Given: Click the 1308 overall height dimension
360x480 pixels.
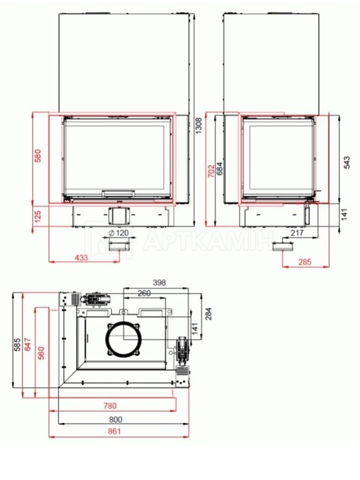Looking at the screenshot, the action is pyautogui.click(x=198, y=125).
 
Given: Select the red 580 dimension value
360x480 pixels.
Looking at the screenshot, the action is pyautogui.click(x=37, y=156).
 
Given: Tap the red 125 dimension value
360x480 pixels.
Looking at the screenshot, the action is pyautogui.click(x=37, y=217).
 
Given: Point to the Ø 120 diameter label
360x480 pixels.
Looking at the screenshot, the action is pyautogui.click(x=119, y=233).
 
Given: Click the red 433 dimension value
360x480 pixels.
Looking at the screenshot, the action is pyautogui.click(x=81, y=257).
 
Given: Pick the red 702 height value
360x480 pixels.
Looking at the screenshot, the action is pyautogui.click(x=212, y=171).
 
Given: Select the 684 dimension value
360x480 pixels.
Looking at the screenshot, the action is pyautogui.click(x=219, y=169).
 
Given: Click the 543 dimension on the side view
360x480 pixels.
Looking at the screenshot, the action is pyautogui.click(x=346, y=163).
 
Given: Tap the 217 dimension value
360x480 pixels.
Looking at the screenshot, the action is pyautogui.click(x=297, y=233).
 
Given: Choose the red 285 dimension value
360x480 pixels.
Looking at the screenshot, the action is pyautogui.click(x=305, y=262).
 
